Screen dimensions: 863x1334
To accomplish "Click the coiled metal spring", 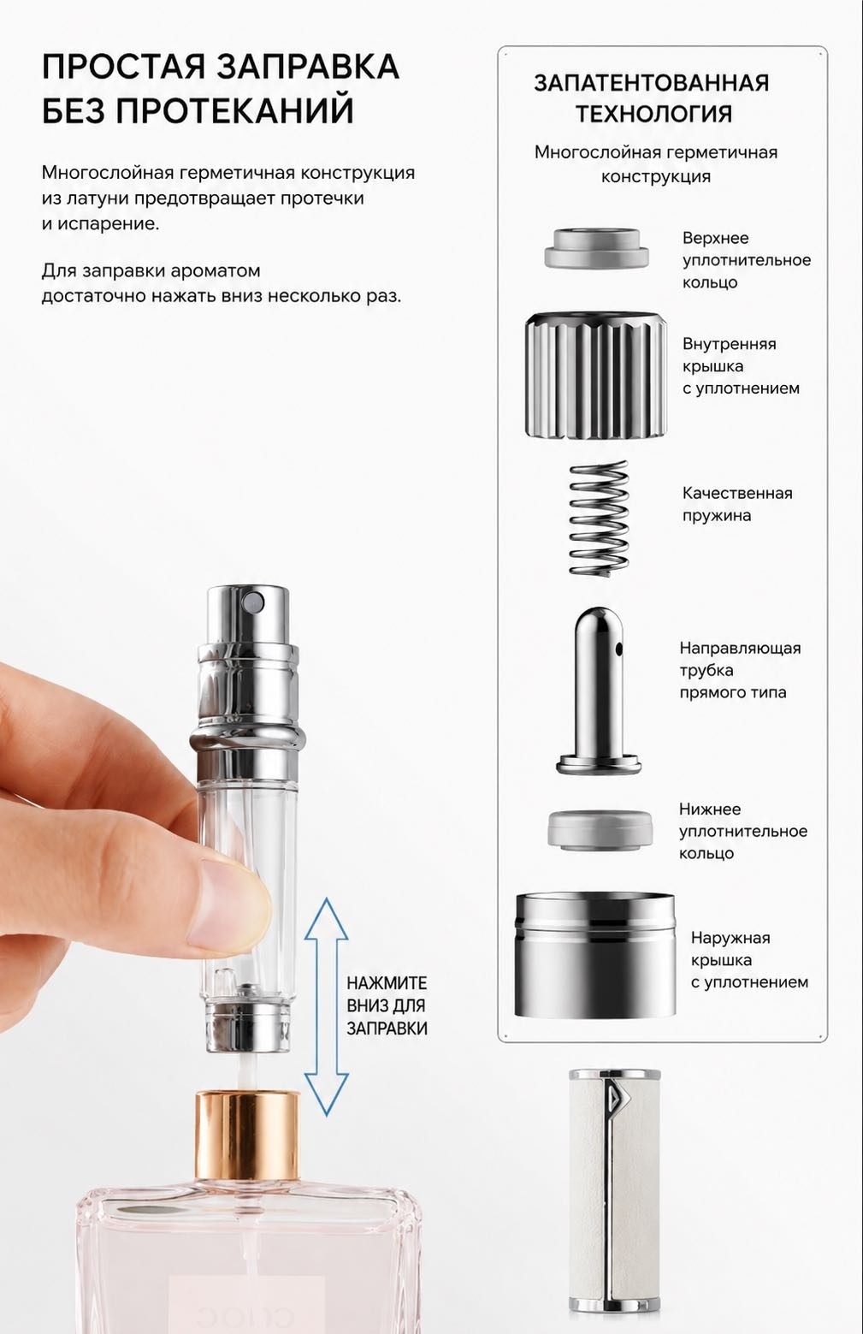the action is (599, 518).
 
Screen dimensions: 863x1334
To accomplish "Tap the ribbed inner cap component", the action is (596, 376).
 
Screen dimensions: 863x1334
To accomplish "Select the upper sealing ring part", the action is (596, 248).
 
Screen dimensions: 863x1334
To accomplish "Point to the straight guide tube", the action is (599, 691).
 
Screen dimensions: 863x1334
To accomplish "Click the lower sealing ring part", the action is (600, 829).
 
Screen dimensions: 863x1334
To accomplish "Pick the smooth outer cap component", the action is (595, 955).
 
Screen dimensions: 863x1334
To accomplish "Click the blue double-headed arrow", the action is (326, 1006).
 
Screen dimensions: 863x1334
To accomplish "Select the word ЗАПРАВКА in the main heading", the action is (307, 67).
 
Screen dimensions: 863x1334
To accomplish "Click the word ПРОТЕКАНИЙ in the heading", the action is (235, 110).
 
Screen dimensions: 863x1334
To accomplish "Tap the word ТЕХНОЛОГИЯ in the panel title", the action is (653, 113).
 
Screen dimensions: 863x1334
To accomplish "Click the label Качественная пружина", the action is (737, 504).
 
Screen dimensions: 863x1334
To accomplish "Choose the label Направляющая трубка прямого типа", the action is (741, 670).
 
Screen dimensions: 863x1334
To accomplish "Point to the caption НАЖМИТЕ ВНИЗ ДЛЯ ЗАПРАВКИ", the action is (387, 1005).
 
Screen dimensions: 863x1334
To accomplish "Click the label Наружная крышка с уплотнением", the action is (749, 959).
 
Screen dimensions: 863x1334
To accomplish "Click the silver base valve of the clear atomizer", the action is (247, 1025).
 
